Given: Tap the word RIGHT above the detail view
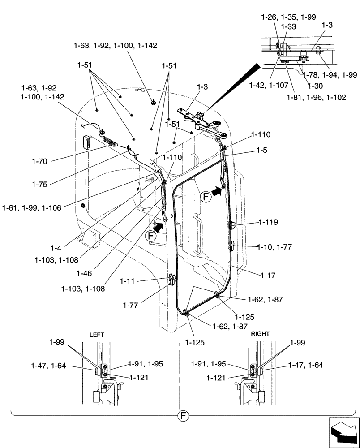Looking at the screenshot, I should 260,334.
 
